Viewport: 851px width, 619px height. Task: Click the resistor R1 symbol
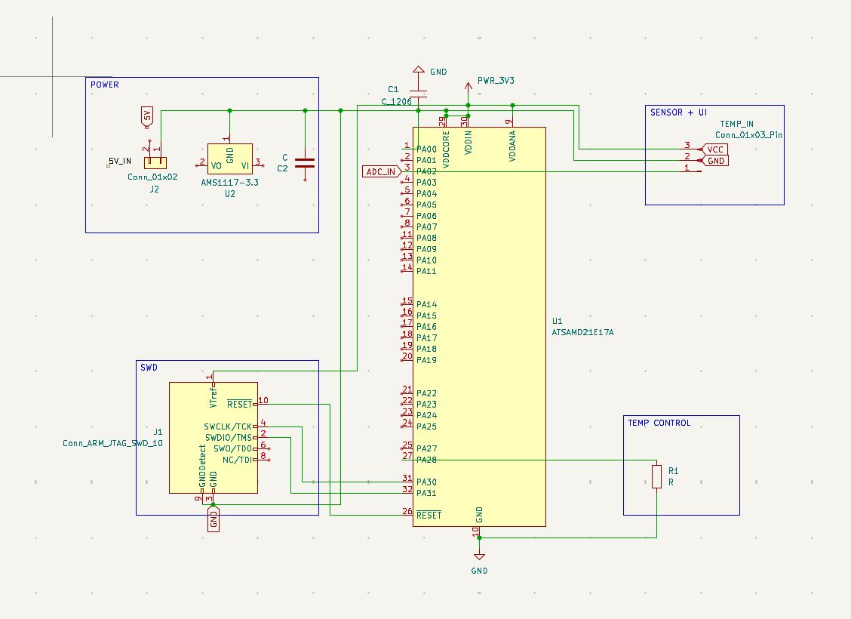(656, 476)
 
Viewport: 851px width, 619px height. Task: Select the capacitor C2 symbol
(305, 162)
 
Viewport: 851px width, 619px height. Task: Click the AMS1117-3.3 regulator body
(229, 160)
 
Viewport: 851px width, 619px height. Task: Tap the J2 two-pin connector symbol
(155, 162)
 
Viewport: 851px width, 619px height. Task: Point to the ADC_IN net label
(381, 171)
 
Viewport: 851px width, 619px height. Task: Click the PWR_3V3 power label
(496, 80)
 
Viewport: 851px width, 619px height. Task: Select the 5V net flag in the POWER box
(147, 116)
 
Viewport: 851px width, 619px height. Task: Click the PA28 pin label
(426, 460)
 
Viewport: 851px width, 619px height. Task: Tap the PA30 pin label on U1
(426, 482)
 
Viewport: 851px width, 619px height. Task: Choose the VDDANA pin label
(512, 143)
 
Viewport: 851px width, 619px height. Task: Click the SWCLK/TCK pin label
(228, 427)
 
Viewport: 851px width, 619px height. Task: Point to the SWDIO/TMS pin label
(228, 437)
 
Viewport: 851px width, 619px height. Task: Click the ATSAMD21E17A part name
(583, 331)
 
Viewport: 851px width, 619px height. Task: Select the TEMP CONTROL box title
(659, 423)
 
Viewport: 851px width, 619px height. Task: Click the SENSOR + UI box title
(678, 112)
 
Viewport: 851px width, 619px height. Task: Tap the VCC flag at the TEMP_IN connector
(714, 149)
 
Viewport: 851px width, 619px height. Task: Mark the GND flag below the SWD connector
(214, 520)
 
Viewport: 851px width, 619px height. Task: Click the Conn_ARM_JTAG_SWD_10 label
(112, 444)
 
